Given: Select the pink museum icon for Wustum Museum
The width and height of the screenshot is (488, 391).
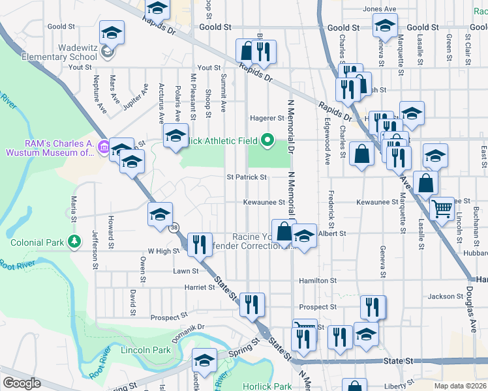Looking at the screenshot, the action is tap(103, 149).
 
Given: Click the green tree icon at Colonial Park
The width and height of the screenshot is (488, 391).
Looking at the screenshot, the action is tap(74, 242).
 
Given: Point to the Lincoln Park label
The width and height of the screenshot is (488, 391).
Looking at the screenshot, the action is tap(145, 350).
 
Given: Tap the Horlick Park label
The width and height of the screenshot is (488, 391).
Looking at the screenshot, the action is tap(267, 386).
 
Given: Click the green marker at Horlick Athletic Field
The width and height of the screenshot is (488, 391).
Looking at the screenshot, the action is tap(266, 139).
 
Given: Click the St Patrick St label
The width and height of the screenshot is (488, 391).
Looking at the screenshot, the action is tap(247, 177).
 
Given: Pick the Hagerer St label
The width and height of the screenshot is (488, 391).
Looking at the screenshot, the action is tap(267, 119).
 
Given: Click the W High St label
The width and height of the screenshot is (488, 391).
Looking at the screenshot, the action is tap(163, 251).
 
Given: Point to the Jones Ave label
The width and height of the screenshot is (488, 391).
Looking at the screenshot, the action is tap(380, 9).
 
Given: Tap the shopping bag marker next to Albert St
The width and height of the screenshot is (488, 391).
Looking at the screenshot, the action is tap(284, 231).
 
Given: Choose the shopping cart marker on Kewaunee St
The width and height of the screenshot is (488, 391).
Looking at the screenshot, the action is tap(442, 209).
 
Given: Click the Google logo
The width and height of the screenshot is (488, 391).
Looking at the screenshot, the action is tap(22, 383).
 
